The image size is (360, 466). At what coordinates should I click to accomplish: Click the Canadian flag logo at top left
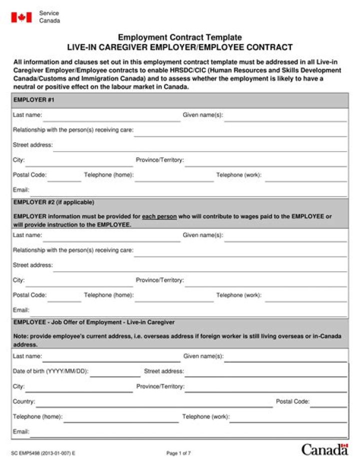[21, 17]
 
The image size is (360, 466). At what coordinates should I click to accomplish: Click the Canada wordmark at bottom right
[324, 449]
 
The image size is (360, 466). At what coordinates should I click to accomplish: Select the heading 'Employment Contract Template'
[179, 38]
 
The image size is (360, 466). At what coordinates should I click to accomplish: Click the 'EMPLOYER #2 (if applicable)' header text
[53, 202]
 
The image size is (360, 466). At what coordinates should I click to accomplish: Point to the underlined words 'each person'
[159, 217]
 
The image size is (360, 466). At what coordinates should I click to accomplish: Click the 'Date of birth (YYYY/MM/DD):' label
[50, 371]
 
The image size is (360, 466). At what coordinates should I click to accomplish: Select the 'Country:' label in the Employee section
[23, 401]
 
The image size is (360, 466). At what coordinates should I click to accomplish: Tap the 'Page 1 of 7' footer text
[178, 453]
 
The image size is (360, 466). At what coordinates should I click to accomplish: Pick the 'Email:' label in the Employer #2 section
[21, 310]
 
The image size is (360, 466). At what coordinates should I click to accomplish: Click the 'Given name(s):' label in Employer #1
[202, 115]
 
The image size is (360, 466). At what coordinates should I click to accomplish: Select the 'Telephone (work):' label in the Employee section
[205, 416]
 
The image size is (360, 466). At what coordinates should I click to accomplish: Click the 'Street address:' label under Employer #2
[32, 265]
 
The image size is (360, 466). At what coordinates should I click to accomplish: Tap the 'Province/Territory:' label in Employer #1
[159, 160]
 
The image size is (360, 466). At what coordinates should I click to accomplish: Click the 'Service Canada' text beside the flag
[49, 17]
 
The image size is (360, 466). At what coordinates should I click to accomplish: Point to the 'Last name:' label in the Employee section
[27, 356]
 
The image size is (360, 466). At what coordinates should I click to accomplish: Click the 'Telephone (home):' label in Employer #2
[108, 295]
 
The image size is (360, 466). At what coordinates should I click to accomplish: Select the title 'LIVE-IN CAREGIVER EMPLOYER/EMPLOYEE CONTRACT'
[179, 48]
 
